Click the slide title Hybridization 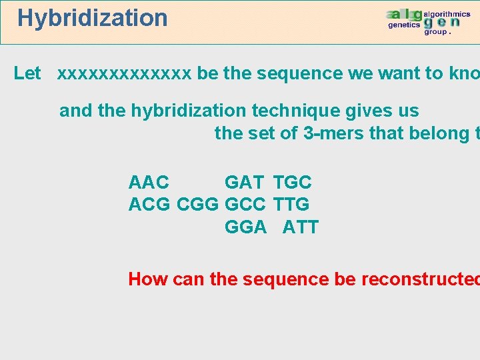coord(93,18)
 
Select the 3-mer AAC coord(149,182)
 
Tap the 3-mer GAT coord(244,182)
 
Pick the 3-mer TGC coord(292,182)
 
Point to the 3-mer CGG coord(198,205)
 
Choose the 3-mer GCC coord(245,205)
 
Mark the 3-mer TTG coord(291,205)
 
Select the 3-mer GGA coord(245,227)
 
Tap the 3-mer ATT coord(300,227)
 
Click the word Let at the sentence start coord(27,73)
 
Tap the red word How coord(148,279)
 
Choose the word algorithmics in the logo coord(447,14)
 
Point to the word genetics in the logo coord(404,25)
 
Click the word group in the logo coord(437,31)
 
